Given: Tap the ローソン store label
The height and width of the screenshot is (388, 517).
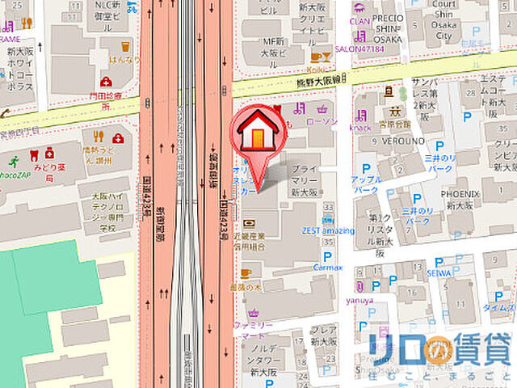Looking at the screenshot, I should click(x=323, y=121).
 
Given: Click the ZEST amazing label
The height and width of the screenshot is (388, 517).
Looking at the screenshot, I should click(x=328, y=231).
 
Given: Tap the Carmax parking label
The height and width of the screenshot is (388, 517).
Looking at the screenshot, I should click(x=329, y=266).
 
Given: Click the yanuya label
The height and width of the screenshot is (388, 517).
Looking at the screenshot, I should click(x=360, y=301).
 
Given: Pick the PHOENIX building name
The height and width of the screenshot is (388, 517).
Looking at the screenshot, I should click(x=460, y=194).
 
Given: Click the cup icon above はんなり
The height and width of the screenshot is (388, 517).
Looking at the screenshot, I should click(x=124, y=47).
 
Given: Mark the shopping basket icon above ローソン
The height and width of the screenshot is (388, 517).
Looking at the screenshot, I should click(x=323, y=108).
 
